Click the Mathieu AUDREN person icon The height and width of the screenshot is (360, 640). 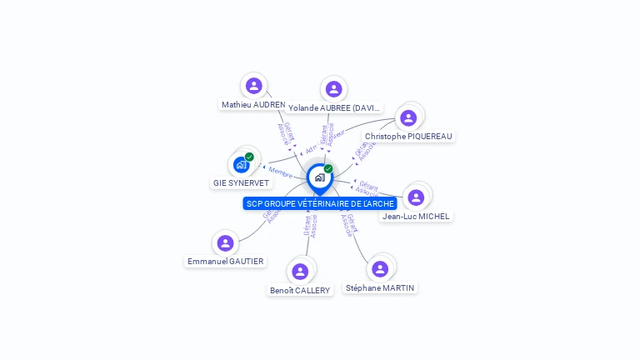coord(254,85)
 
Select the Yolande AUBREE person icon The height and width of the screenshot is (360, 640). coord(333,89)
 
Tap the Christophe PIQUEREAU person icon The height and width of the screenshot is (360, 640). coord(408,117)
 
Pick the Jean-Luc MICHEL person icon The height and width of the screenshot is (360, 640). coord(416,197)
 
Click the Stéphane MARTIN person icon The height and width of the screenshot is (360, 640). coord(380,268)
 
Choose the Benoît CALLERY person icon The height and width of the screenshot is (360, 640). coord(300,271)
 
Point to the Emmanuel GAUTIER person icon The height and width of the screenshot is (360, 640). coord(225,243)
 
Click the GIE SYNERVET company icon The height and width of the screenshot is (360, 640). coord(241,164)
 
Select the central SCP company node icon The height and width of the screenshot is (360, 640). coord(319,177)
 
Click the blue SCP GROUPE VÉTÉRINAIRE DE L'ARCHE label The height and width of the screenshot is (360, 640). coord(320,203)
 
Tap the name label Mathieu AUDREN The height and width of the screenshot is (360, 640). coord(253,104)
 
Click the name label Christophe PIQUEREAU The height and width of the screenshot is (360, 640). coord(409,136)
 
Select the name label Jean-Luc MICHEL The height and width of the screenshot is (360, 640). coord(416,216)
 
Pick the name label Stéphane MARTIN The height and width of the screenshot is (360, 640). coord(380,287)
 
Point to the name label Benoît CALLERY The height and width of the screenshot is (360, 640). coord(300,290)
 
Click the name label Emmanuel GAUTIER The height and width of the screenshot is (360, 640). coord(225,261)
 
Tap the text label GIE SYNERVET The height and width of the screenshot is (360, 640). coord(241,182)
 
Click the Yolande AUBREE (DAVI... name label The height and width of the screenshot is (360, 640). coord(334,107)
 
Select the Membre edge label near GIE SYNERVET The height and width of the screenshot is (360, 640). coord(281,171)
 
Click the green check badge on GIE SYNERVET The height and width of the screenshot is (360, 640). coord(249,157)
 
